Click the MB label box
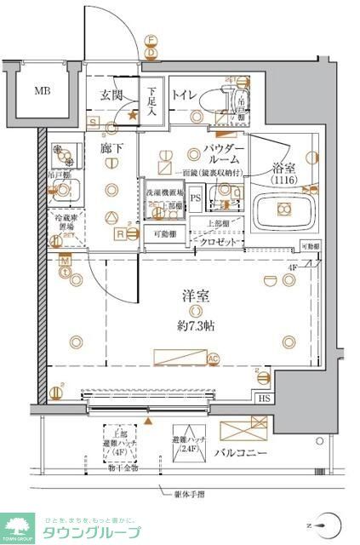pyautogui.click(x=41, y=89)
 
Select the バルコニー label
pyautogui.click(x=242, y=452)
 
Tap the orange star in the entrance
pyautogui.click(x=132, y=113)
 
